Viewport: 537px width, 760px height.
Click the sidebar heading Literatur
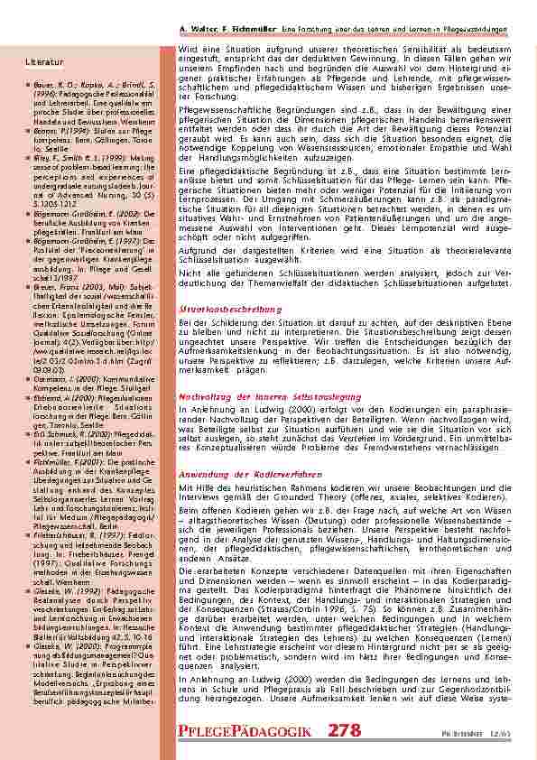(45, 61)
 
